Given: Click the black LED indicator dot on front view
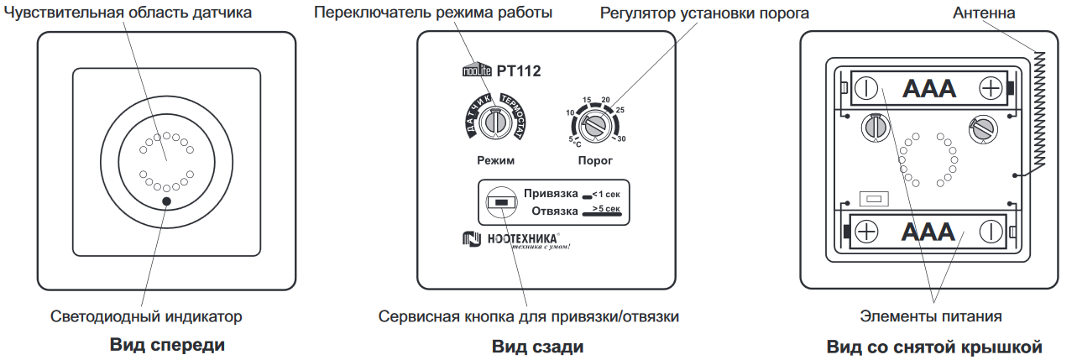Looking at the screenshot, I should (x=167, y=201).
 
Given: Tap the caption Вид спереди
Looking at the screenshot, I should (x=168, y=344).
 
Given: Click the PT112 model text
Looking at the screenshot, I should (x=519, y=71).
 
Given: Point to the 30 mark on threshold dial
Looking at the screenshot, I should (x=621, y=138).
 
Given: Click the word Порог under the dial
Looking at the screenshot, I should (x=595, y=159).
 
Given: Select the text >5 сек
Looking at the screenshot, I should (x=605, y=207).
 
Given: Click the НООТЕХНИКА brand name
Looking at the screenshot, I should (x=515, y=240).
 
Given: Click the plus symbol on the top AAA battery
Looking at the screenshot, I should (x=991, y=87).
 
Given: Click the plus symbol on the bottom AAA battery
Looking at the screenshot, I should (x=867, y=231).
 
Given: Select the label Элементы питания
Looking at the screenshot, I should (x=931, y=316).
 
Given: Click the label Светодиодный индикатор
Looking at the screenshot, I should (x=146, y=316).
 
